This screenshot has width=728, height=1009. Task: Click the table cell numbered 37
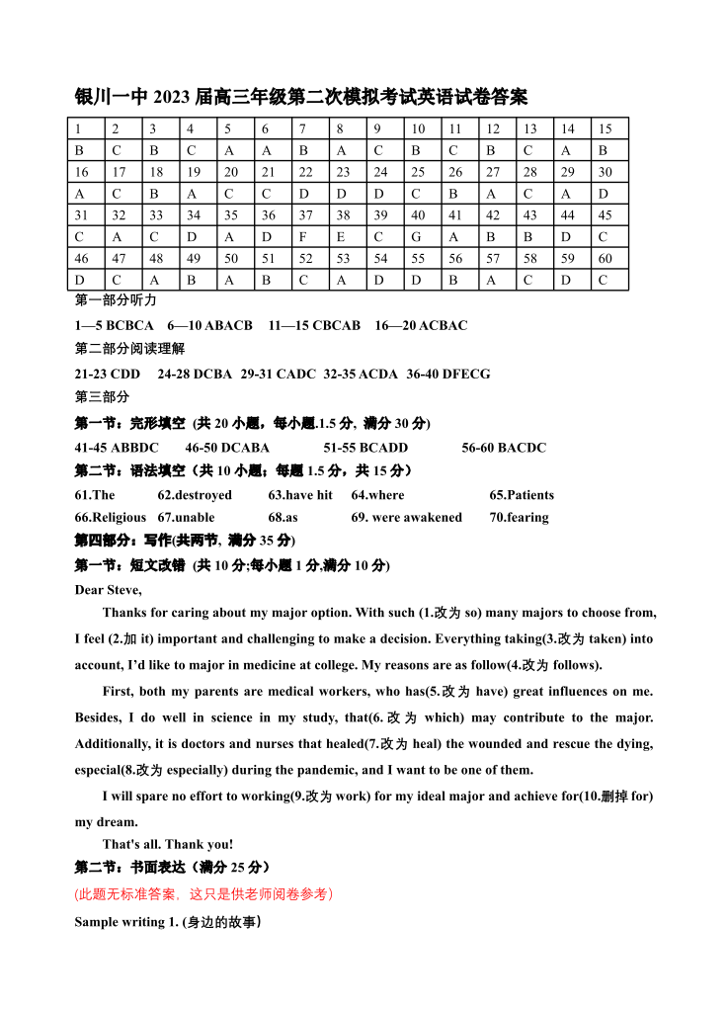[x=310, y=215]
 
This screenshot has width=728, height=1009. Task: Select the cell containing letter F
[x=310, y=237]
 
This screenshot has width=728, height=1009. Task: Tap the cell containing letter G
[x=422, y=237]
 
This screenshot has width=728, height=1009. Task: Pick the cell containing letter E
[x=348, y=237]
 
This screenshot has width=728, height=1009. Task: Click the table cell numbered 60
[x=608, y=259]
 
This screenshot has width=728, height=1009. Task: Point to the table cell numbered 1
[x=87, y=129]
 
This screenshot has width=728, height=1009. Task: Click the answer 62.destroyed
[x=195, y=495]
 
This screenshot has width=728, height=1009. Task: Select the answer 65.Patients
[x=522, y=495]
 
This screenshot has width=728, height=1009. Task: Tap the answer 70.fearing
[x=519, y=517]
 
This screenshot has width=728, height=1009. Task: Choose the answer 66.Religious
[x=111, y=517]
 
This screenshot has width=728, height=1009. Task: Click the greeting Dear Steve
[x=109, y=590]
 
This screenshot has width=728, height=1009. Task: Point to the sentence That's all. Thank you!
[x=168, y=844]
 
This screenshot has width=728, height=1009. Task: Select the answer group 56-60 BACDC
[x=504, y=448]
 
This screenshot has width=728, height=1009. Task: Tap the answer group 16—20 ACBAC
[x=421, y=325]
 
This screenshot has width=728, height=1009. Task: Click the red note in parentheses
[x=203, y=894]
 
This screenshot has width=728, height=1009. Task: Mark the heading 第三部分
[x=103, y=397]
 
